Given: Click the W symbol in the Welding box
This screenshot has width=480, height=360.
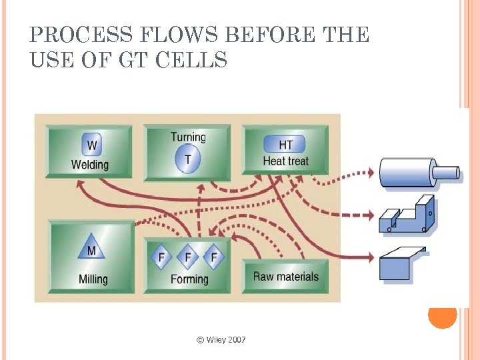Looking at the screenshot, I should (91, 145).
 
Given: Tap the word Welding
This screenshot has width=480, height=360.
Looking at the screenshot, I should (90, 164).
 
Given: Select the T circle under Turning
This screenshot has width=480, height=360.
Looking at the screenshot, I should (188, 160).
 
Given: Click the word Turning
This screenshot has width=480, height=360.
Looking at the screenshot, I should (189, 137).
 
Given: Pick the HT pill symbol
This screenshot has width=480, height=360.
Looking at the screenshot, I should (285, 145).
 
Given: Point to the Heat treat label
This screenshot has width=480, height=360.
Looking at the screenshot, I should (285, 161).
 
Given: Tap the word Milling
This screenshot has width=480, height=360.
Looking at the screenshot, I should (93, 279).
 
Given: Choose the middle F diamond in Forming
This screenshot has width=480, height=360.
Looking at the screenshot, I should (188, 257).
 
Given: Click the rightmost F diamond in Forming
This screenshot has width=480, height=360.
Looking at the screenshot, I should (213, 257).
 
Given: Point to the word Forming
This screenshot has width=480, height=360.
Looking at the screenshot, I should (189, 279).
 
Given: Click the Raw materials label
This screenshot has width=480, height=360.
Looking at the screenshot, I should (285, 276).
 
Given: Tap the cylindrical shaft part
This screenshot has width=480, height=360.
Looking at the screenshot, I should (417, 173).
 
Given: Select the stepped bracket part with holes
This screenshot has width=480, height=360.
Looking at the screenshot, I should (407, 215).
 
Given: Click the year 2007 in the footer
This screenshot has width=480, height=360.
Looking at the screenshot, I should (237, 340).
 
